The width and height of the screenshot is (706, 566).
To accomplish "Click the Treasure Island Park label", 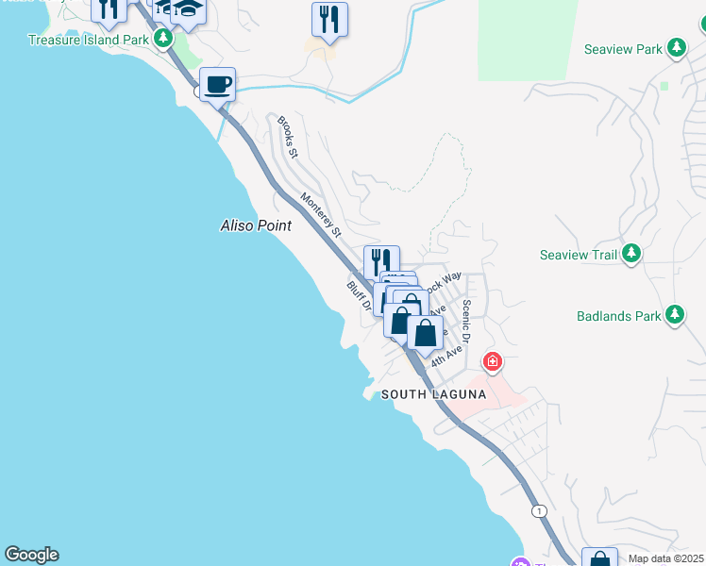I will point(88,40).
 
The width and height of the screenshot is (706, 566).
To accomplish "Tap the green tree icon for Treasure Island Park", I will point(164,39).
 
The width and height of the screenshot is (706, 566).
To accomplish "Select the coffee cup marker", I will point(217,85).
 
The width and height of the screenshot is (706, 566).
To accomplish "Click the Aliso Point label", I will point(255,225).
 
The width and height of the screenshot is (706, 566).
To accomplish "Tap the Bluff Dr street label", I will point(358,295).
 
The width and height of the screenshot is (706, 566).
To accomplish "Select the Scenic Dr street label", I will point(466,322).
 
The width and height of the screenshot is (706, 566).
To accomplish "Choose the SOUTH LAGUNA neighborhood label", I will point(433,395).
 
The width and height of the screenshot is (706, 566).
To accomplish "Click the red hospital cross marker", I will point(492,361).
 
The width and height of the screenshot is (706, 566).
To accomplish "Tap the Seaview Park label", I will point(623,49).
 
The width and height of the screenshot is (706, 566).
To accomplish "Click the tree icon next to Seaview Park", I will point(677,48).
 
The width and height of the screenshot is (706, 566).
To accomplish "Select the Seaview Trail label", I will point(579,255).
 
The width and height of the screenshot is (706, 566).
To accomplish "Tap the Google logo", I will point(31,555).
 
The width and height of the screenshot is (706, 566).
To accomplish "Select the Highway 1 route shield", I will point(538,511).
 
